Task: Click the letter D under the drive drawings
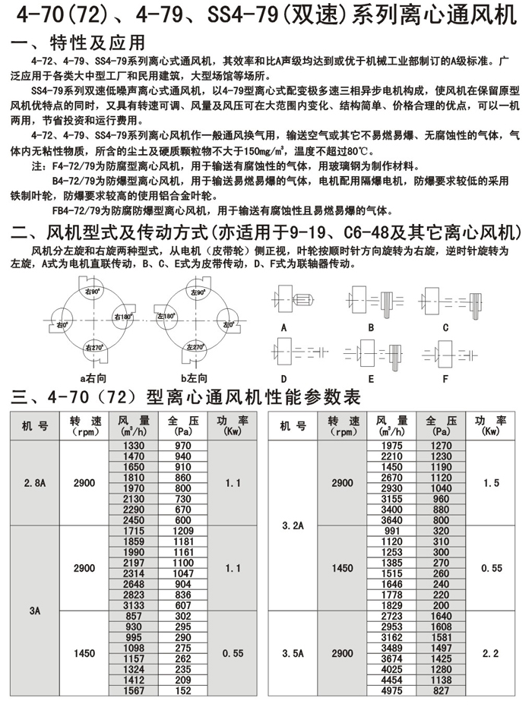pyautogui.click(x=284, y=377)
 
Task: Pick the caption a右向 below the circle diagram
pyautogui.click(x=94, y=376)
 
